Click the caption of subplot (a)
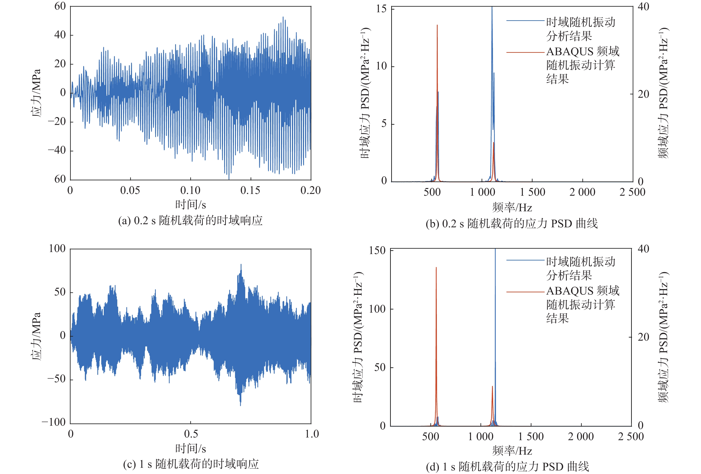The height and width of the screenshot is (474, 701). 190,221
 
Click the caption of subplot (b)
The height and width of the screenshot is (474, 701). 512,224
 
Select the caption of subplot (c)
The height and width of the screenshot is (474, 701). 191,464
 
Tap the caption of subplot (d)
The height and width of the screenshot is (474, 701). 507,467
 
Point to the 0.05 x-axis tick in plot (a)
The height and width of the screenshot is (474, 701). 130,190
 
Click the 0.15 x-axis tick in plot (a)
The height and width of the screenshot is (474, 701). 250,190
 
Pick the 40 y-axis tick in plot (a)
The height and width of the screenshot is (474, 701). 60,35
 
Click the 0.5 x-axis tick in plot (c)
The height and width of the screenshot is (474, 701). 191,434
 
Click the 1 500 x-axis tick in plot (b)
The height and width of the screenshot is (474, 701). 532,192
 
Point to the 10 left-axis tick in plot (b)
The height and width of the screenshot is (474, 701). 381,66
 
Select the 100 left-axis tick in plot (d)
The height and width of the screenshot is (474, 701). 377,309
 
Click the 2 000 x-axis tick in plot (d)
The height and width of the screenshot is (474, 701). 581,437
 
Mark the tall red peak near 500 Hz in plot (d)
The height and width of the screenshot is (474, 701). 436,269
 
